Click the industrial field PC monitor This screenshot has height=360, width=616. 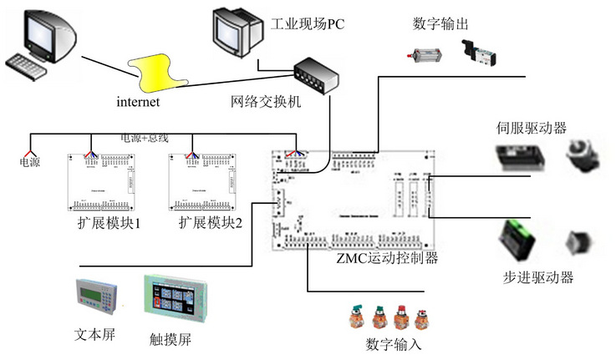click(x=234, y=29)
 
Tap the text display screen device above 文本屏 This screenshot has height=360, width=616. click(x=102, y=297)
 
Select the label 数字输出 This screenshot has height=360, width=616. click(x=440, y=23)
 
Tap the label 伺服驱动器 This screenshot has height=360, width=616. click(x=531, y=128)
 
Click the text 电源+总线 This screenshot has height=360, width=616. click(x=145, y=138)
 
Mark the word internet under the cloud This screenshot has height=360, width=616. click(x=138, y=102)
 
